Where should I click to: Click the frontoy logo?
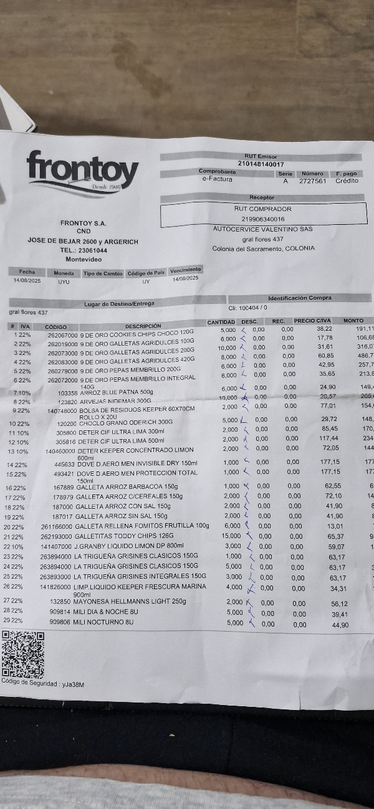tap(82, 169)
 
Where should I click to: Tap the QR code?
tap(23, 654)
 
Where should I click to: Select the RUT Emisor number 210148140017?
tap(261, 164)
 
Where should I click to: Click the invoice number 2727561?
tap(312, 181)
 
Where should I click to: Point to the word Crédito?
tap(347, 181)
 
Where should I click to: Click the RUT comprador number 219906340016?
tap(262, 219)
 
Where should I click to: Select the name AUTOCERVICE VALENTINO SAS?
tap(262, 229)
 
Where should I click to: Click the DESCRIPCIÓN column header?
tap(143, 326)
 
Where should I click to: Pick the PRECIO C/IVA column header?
tap(312, 321)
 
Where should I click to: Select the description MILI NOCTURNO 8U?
tap(103, 622)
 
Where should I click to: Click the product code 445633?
tap(64, 464)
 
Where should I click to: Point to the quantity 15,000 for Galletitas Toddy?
tap(231, 536)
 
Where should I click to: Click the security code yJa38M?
tap(72, 684)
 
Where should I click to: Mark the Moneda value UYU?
tap(64, 281)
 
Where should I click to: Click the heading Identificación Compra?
tap(299, 298)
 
